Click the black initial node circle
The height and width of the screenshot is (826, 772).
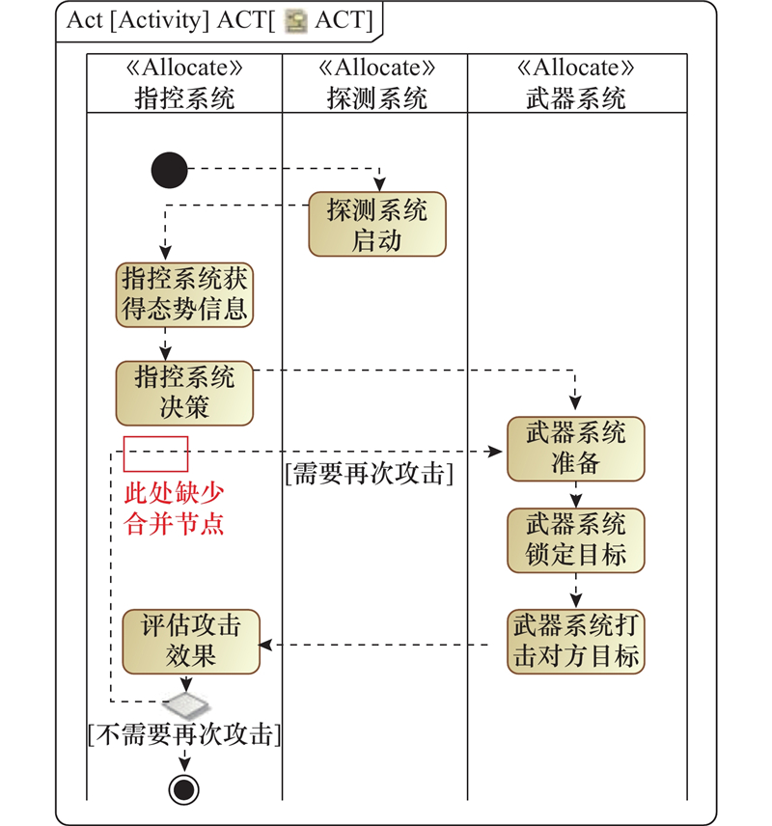pos(170,171)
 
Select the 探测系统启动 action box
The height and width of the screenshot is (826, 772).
pos(377,225)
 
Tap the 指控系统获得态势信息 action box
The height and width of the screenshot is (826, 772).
pos(184,294)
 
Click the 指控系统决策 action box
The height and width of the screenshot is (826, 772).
pos(184,392)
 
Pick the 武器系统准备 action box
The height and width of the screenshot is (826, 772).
pos(576,449)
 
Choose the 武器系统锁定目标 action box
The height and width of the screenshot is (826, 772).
pos(576,540)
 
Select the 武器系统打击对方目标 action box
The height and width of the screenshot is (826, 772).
pos(576,641)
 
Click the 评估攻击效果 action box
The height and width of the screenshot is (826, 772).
pos(190,641)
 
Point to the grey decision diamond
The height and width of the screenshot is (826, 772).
pos(183,698)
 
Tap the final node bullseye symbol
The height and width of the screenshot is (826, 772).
pos(183,790)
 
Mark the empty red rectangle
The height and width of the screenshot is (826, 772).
pos(155,454)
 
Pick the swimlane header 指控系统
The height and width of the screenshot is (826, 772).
pos(184,97)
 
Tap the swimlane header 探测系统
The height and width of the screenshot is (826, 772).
pos(376,97)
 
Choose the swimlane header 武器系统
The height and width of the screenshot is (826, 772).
pos(576,97)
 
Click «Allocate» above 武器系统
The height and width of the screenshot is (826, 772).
pos(576,69)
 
